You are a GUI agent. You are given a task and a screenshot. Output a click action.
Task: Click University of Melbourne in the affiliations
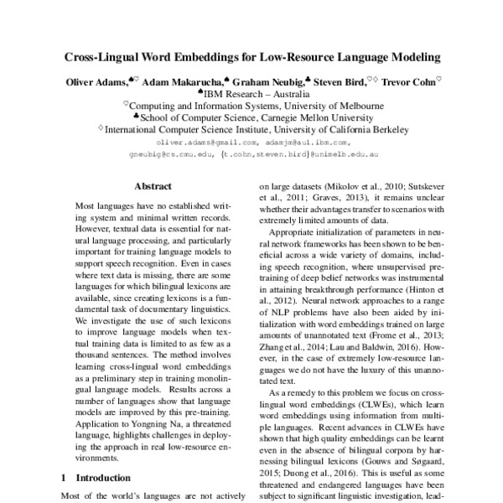pyautogui.click(x=331, y=106)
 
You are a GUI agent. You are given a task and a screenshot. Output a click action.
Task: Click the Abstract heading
pyautogui.click(x=153, y=186)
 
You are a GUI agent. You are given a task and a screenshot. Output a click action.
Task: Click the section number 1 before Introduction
pyautogui.click(x=65, y=478)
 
